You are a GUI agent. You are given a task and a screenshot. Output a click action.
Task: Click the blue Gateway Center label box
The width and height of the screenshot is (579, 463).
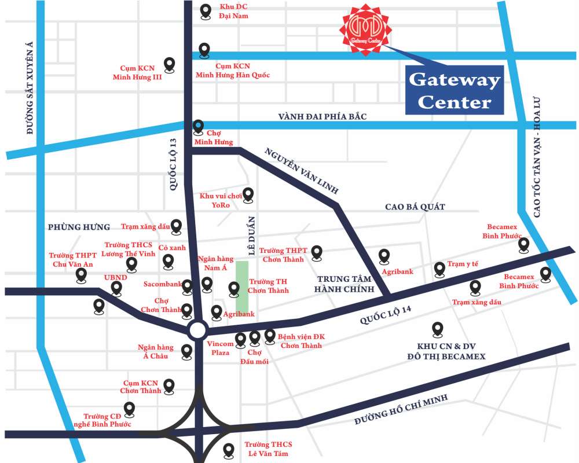(454, 90)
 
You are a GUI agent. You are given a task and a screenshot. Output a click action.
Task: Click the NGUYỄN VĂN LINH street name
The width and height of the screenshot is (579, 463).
(301, 171)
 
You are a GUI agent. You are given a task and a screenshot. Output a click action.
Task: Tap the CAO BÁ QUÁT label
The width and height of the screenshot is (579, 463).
(415, 207)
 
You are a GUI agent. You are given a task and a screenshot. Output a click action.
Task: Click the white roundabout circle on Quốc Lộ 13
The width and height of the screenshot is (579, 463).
(197, 330)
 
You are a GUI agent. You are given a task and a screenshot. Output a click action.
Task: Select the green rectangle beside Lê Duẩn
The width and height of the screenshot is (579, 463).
(242, 286)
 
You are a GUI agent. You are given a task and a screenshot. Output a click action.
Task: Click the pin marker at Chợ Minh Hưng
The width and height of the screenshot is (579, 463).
(199, 126)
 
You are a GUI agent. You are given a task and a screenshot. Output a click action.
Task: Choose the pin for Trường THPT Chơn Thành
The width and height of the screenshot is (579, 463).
(317, 252)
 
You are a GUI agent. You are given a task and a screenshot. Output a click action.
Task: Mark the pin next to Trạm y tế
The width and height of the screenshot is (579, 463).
(439, 269)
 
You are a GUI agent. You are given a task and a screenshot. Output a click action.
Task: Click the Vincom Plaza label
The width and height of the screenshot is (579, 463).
(220, 348)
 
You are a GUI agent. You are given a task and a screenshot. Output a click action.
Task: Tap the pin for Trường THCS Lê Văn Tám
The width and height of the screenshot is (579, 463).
(229, 449)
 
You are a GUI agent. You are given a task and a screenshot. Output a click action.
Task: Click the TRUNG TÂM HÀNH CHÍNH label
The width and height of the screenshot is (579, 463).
(346, 284)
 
